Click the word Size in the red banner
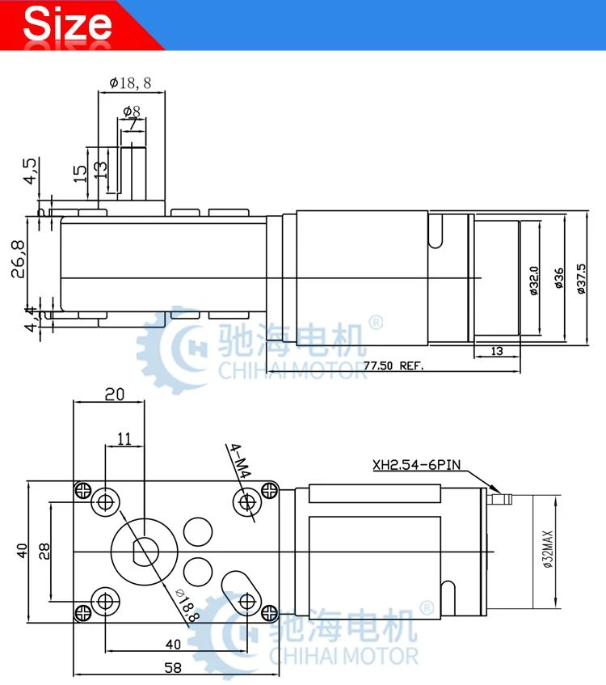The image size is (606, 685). coord(67,23)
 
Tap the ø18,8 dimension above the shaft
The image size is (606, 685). coord(130,82)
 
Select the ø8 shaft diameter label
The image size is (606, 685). coord(132,111)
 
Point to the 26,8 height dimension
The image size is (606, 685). coord(18,259)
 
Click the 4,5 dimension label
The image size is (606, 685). coord(30,171)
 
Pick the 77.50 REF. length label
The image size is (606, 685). coord(393,366)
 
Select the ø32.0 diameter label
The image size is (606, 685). coord(534,281)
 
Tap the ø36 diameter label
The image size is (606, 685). coord(559,278)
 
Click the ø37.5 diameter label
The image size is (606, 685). coord(581,278)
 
